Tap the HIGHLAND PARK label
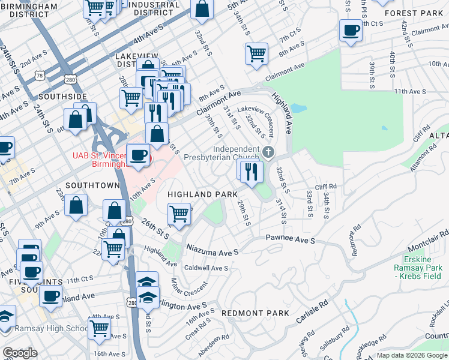[198, 194]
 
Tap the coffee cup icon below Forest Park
[351, 30]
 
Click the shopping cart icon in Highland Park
[179, 214]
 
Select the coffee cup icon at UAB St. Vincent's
[139, 154]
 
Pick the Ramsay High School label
[53, 328]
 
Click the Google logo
[20, 353]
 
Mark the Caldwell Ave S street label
[206, 268]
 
